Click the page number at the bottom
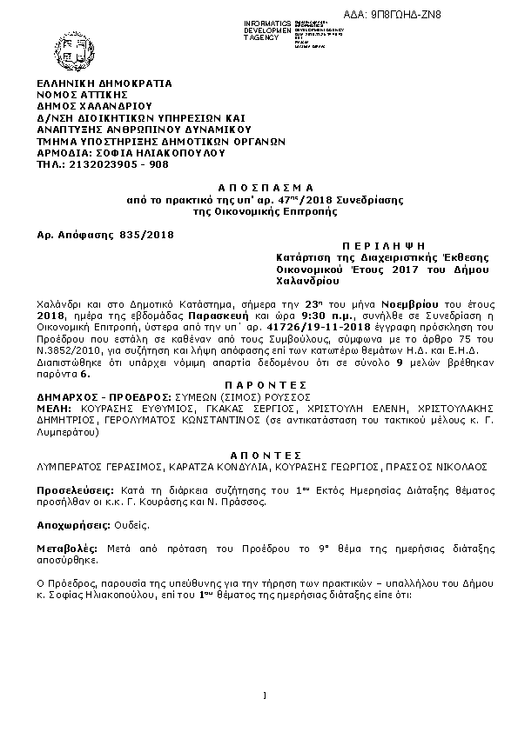pyautogui.click(x=262, y=695)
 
